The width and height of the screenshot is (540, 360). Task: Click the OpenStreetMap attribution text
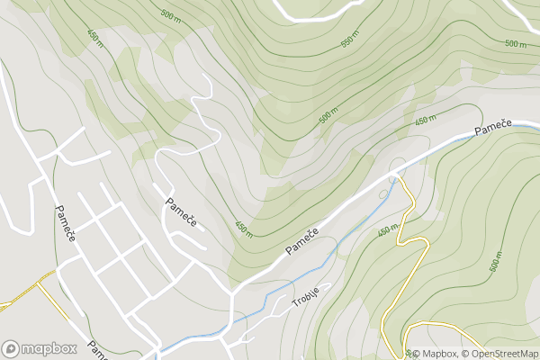pos(499,353)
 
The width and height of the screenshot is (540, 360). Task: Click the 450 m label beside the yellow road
pos(387,230)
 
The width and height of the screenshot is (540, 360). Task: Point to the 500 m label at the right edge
pos(516,43)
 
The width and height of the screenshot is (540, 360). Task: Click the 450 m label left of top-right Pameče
pos(426,120)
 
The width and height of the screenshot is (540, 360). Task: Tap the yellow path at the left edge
pos(18,299)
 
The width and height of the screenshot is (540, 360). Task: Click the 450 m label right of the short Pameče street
pos(243,228)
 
